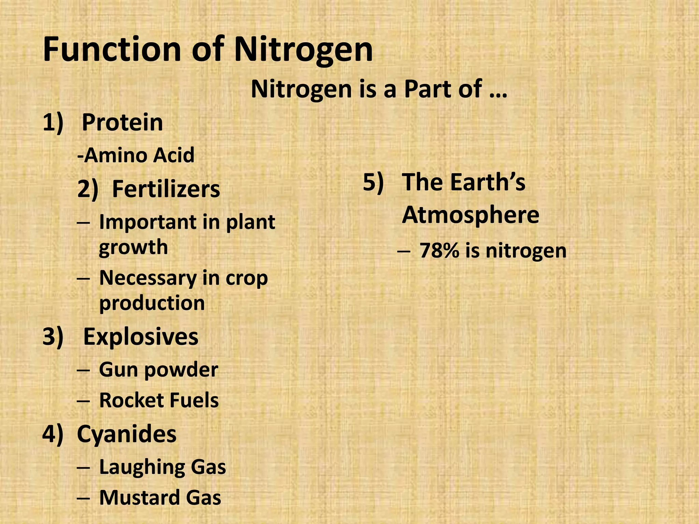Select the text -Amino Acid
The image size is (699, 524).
coord(136,155)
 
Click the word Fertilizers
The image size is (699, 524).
coord(166,189)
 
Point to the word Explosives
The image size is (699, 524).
coord(141,337)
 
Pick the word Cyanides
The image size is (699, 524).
coord(127,434)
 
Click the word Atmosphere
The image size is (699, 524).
coord(470,215)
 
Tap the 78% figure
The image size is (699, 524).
coord(439,251)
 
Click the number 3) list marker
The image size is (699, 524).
coord(53,337)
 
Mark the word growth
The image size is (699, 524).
coord(133,247)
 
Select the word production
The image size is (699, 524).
coord(152,303)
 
